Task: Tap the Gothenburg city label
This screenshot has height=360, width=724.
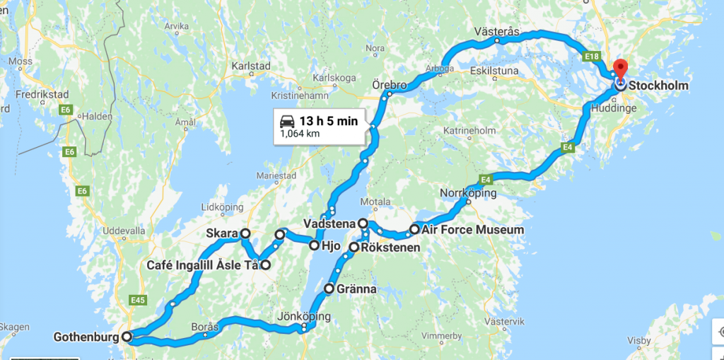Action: (x=86, y=337)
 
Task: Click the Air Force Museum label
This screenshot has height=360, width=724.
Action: (x=472, y=230)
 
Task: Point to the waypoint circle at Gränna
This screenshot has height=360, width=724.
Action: (x=329, y=289)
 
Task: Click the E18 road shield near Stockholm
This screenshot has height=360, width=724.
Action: (x=592, y=54)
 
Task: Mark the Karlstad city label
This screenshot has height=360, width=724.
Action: (x=251, y=66)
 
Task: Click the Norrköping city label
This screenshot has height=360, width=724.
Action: (x=468, y=193)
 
